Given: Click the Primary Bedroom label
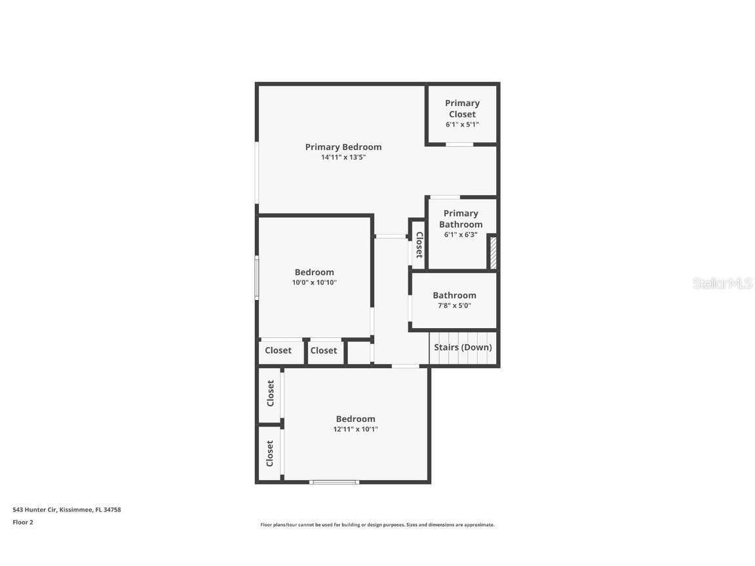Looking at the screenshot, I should click(343, 147).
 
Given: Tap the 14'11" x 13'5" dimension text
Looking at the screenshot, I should click(343, 157).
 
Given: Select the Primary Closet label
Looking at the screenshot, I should click(462, 108).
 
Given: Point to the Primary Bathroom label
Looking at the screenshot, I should click(461, 219).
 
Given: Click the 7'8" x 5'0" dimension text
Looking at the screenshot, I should click(454, 305).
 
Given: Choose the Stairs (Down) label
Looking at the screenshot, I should click(463, 347).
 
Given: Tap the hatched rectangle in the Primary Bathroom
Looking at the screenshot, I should click(494, 253).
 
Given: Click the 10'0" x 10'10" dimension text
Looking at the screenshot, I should click(314, 282).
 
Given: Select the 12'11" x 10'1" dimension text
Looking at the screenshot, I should click(355, 429).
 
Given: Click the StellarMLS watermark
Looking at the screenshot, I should click(722, 283).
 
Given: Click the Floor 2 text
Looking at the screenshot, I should click(22, 522).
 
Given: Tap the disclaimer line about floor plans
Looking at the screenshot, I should click(377, 525).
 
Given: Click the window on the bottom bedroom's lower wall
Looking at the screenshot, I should click(334, 482).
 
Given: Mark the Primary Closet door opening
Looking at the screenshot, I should click(459, 144).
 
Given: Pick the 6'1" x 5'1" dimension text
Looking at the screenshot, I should click(462, 124).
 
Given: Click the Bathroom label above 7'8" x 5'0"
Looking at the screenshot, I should click(454, 295).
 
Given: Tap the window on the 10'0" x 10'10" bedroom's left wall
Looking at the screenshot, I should click(257, 278).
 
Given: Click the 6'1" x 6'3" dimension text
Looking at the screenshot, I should click(461, 235).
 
